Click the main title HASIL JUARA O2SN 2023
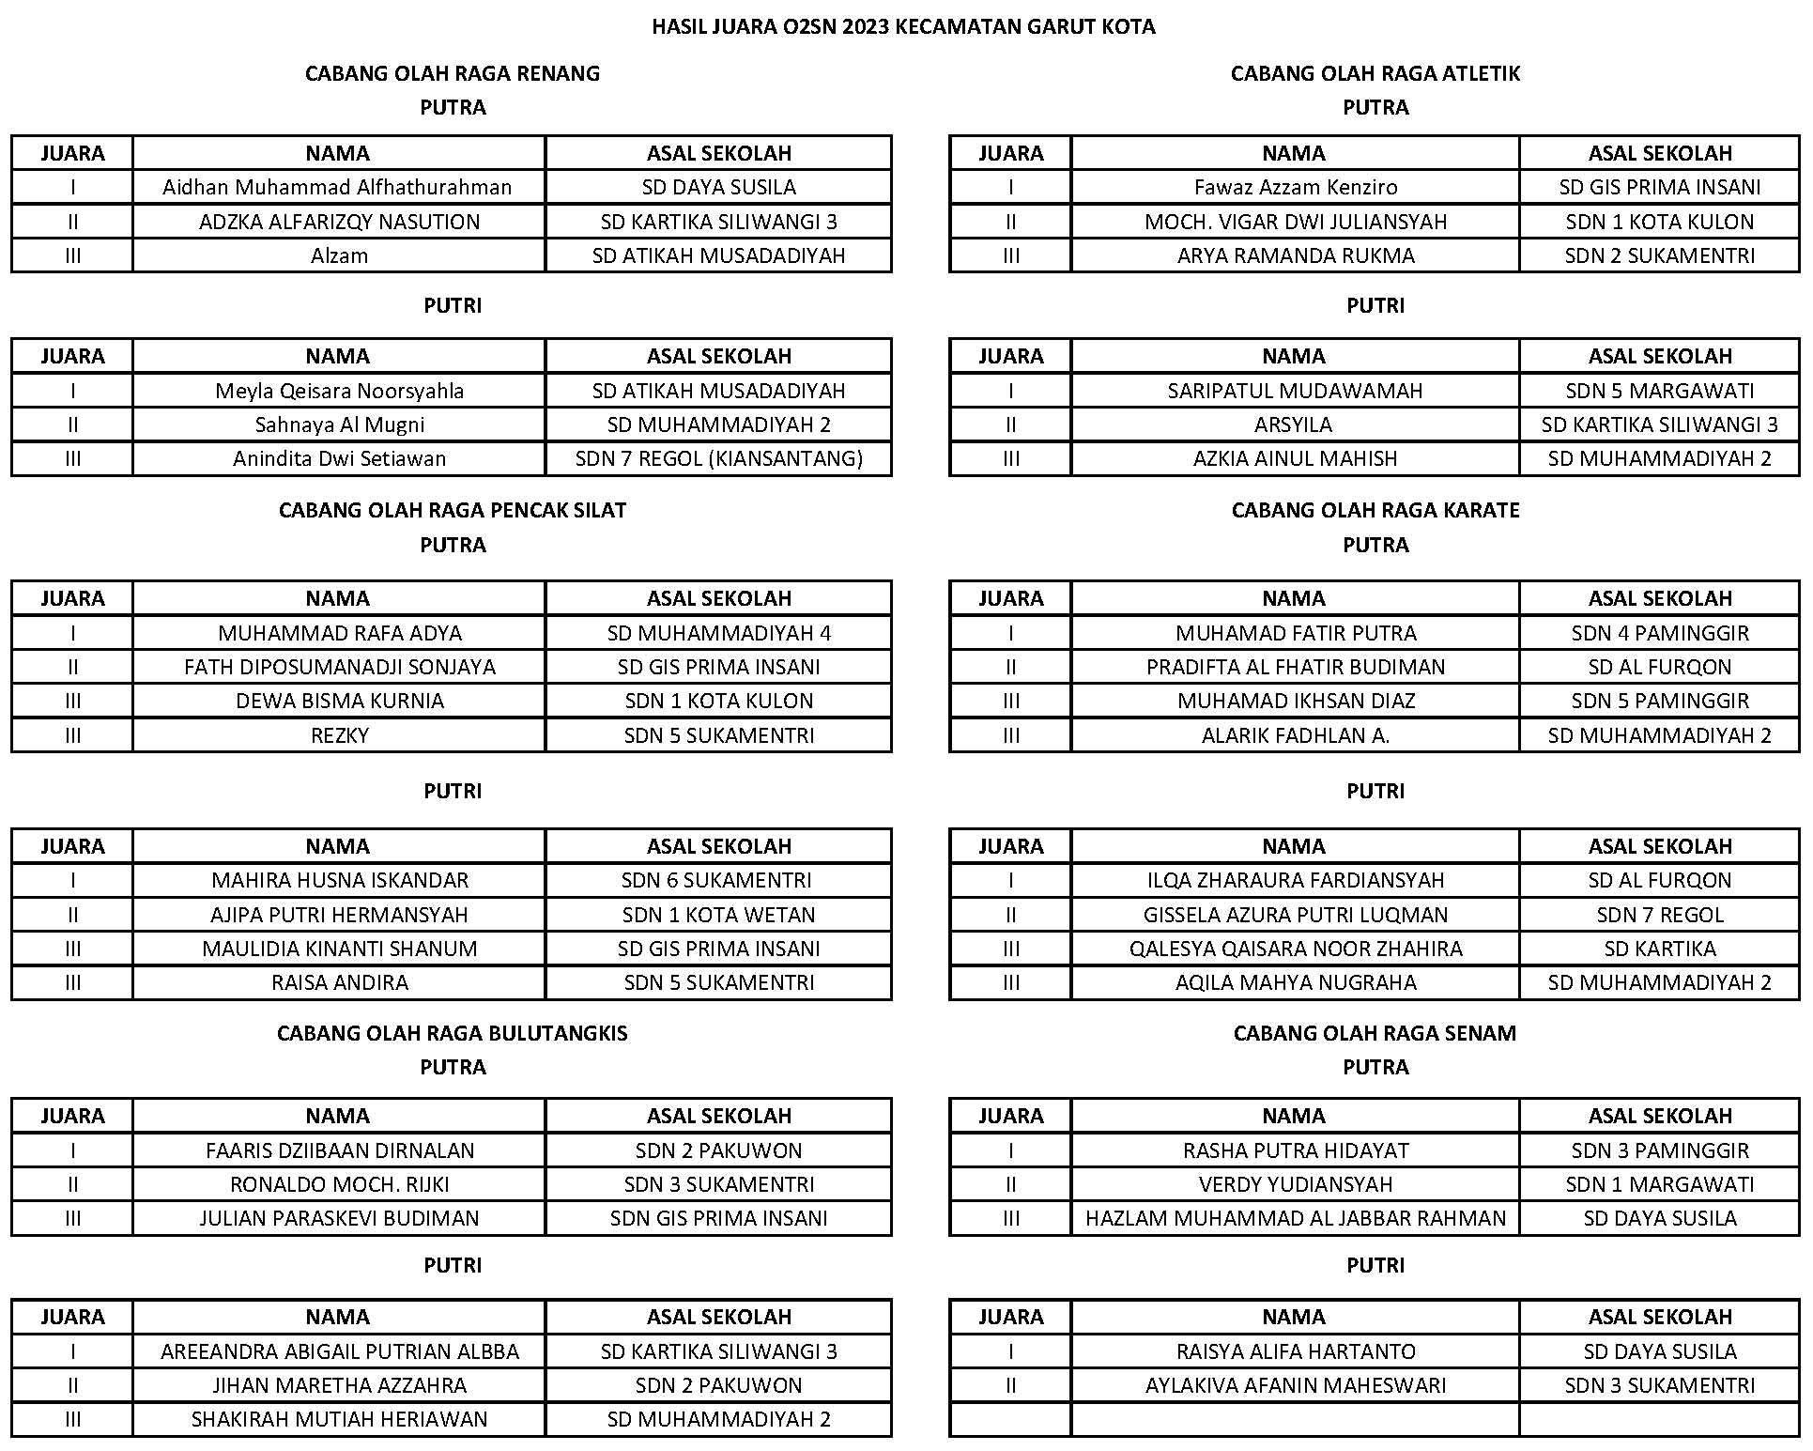point(903,26)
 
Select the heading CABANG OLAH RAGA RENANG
point(452,73)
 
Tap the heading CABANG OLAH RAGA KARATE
point(1375,510)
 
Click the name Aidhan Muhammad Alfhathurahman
point(337,187)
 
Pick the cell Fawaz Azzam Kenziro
point(1295,187)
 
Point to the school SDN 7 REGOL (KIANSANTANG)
point(718,458)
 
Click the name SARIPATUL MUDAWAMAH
point(1295,391)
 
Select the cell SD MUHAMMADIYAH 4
point(718,633)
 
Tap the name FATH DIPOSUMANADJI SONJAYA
point(339,667)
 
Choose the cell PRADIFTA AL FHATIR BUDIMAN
point(1295,667)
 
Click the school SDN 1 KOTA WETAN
point(718,915)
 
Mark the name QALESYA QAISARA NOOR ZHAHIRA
point(1295,949)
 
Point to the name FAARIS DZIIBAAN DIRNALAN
point(339,1150)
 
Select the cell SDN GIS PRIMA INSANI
point(718,1218)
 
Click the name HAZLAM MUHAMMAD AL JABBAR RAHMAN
point(1295,1218)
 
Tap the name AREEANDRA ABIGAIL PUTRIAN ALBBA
point(339,1351)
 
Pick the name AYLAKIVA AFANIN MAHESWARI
point(1295,1385)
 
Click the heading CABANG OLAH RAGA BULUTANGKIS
point(452,1033)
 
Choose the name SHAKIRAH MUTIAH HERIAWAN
point(339,1419)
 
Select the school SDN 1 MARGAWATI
point(1659,1184)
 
